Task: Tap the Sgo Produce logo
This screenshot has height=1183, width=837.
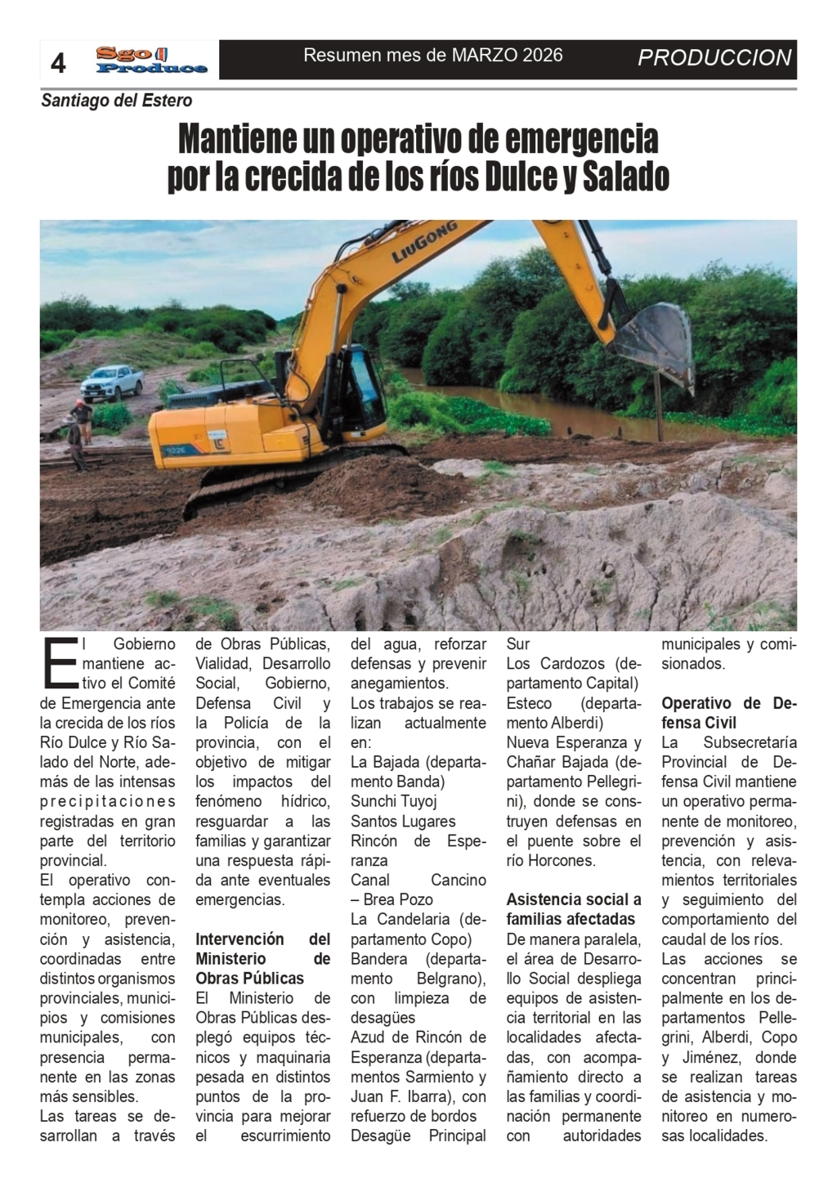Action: pos(150,60)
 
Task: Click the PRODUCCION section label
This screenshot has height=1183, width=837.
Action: pos(714,58)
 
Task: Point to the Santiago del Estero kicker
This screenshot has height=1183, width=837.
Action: pos(117,101)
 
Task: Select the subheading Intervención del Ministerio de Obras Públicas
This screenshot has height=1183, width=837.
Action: pos(262,958)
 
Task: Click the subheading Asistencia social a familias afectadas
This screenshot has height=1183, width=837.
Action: pos(573,909)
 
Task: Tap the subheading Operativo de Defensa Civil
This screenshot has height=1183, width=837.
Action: pos(728,713)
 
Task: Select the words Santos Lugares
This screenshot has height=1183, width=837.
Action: pos(403,821)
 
